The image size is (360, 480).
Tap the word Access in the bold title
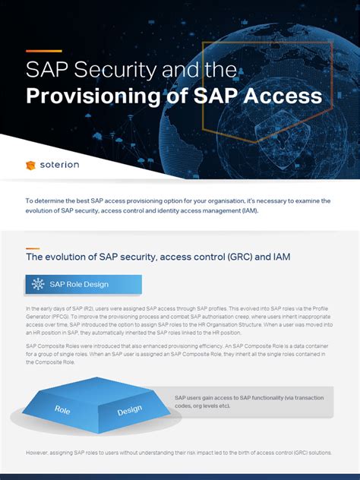pyautogui.click(x=281, y=96)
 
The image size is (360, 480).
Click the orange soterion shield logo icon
pyautogui.click(x=30, y=164)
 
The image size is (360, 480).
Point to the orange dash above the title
pyautogui.click(x=43, y=52)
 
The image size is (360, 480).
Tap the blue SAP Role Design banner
pyautogui.click(x=84, y=285)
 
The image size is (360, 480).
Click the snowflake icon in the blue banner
pyautogui.click(x=38, y=285)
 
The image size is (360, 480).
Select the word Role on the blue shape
pyautogui.click(x=62, y=409)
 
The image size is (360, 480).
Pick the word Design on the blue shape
pyautogui.click(x=129, y=411)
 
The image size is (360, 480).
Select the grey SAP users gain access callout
pyautogui.click(x=251, y=402)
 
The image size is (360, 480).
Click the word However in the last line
pyautogui.click(x=39, y=452)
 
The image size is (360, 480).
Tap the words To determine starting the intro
pyautogui.click(x=46, y=201)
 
